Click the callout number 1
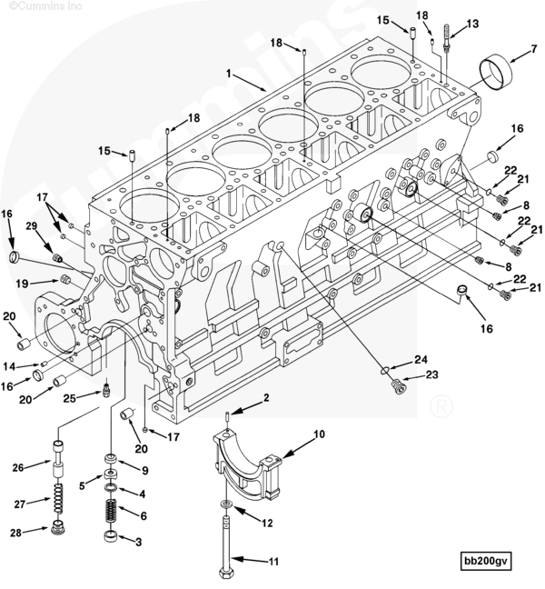[x=231, y=72]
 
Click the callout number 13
[x=471, y=23]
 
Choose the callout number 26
[x=16, y=467]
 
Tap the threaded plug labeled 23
[x=393, y=386]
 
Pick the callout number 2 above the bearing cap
[x=267, y=397]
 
